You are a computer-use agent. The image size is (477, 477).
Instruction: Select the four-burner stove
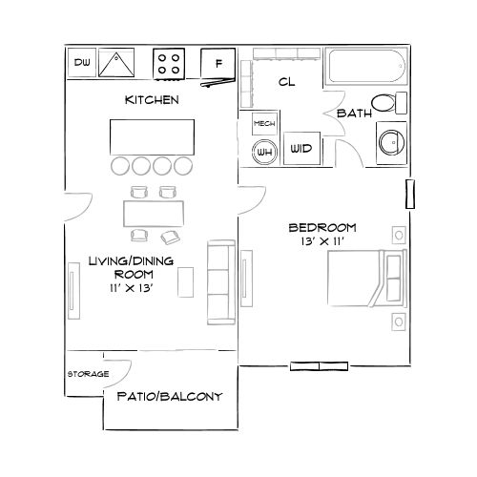[x=170, y=64]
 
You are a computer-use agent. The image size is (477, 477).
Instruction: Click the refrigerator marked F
[x=218, y=64]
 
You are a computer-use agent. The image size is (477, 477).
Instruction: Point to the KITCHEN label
[x=153, y=99]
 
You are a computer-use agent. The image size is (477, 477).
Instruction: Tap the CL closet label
[x=287, y=82]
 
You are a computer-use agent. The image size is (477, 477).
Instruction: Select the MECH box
[x=264, y=124]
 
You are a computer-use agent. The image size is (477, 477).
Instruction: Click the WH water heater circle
[x=264, y=151]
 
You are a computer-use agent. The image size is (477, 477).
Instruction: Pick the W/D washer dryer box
[x=301, y=149]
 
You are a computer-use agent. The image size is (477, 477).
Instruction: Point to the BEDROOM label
[x=321, y=227]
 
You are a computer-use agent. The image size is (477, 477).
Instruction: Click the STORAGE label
[x=87, y=373]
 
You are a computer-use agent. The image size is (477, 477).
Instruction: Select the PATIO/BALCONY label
[x=169, y=396]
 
